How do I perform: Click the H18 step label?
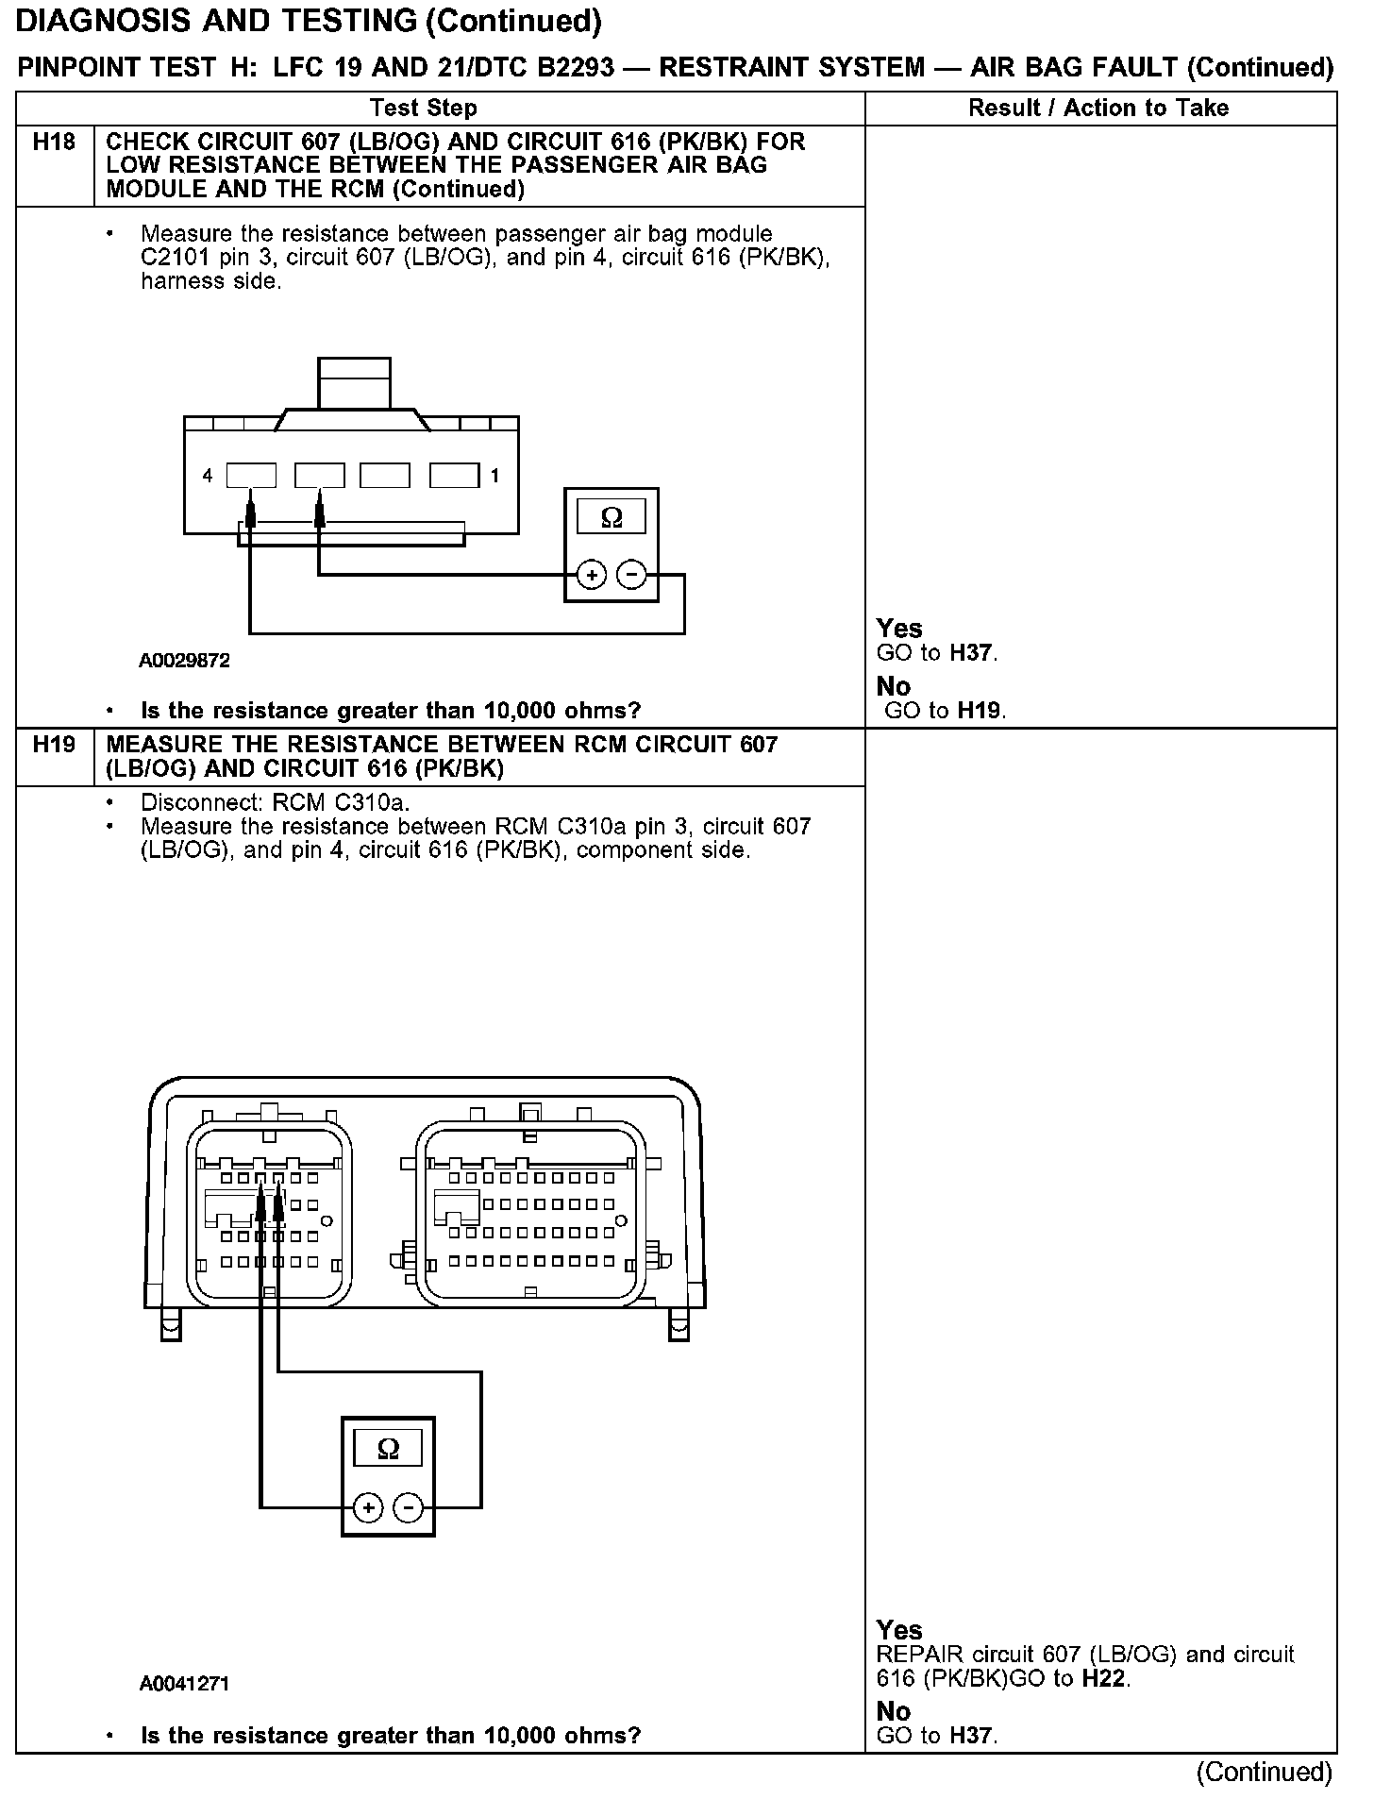54,143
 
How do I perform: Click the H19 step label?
54,745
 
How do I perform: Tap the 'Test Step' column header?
423,108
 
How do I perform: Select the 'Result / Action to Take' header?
1098,108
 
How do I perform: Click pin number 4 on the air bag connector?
207,477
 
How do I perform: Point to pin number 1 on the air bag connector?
495,477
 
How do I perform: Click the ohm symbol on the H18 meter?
612,518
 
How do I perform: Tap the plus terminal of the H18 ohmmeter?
591,575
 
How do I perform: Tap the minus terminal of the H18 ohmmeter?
631,575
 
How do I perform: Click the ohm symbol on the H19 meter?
388,1449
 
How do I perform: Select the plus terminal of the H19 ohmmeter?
368,1508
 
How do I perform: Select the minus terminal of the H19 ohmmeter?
408,1508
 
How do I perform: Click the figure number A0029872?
184,661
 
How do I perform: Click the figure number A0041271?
184,1683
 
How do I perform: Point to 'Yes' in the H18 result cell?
899,629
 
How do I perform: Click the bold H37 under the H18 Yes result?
972,652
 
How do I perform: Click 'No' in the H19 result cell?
894,1711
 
